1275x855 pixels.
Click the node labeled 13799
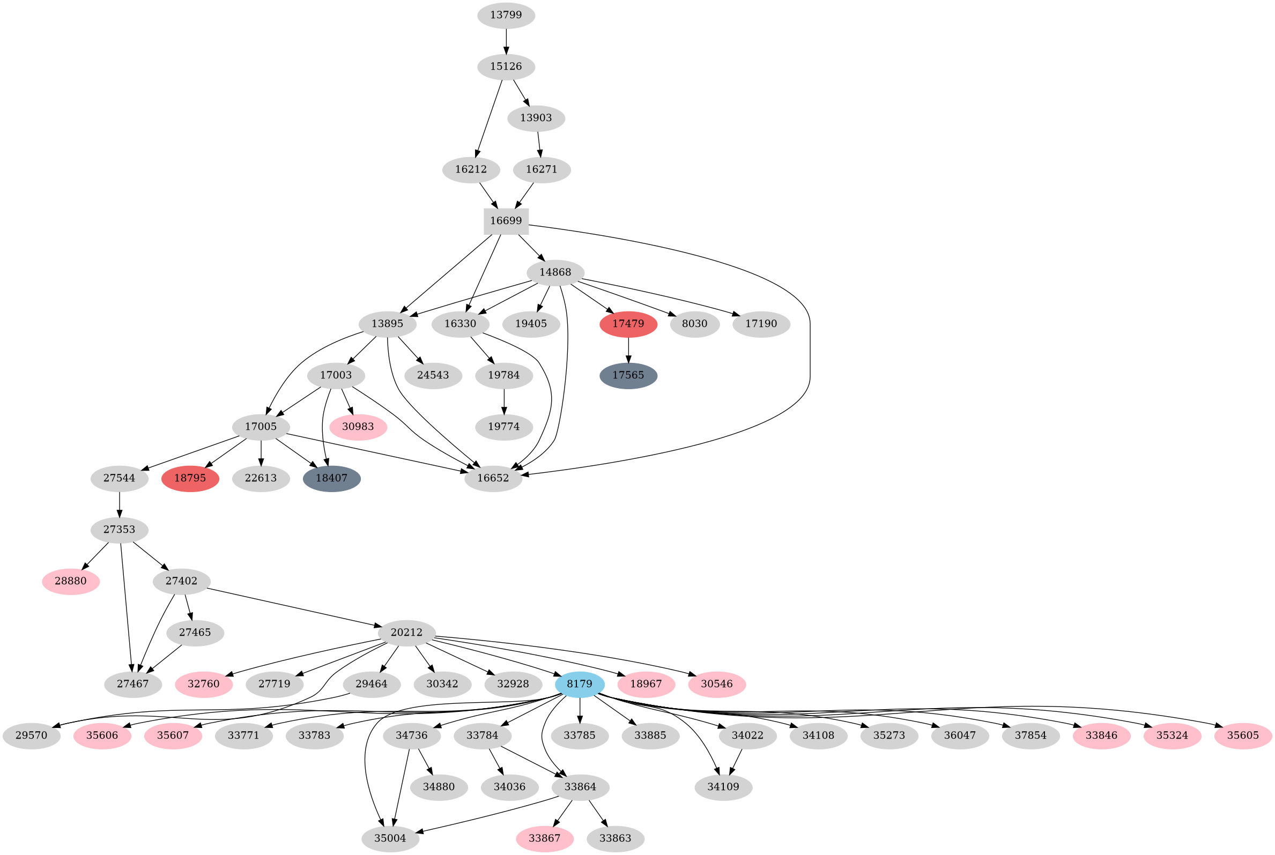(x=506, y=15)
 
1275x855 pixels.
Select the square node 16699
(x=506, y=221)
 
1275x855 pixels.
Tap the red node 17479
(x=628, y=324)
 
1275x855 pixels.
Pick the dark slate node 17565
(x=628, y=376)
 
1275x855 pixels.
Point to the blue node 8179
(x=579, y=685)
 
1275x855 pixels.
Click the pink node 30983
(x=358, y=427)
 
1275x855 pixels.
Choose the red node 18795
(x=190, y=479)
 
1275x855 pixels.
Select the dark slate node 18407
(x=331, y=479)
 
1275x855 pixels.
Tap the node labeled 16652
(x=493, y=479)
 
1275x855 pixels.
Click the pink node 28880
(x=70, y=581)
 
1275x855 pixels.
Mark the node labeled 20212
(x=406, y=633)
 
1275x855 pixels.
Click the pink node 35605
(x=1243, y=735)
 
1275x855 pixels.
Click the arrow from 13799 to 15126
(x=506, y=41)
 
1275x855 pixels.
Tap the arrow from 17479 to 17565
(x=628, y=350)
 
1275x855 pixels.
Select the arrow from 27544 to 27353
(x=119, y=504)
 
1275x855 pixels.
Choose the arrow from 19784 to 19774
(x=504, y=402)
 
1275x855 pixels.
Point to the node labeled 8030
(x=694, y=324)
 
